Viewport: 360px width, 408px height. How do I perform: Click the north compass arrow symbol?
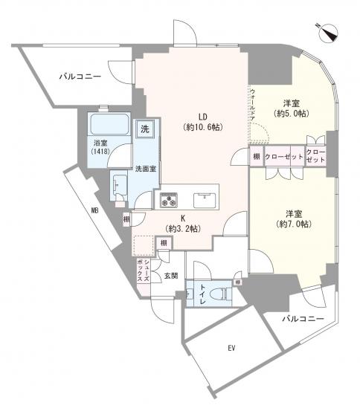click(328, 32)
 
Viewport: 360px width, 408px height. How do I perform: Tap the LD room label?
click(202, 115)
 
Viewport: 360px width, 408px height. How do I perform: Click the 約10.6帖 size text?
click(202, 128)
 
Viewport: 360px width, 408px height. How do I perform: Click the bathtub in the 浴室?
click(109, 126)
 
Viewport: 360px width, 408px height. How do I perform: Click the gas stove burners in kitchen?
click(167, 199)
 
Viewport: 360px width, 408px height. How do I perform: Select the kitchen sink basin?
click(203, 199)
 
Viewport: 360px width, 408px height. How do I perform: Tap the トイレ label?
click(202, 295)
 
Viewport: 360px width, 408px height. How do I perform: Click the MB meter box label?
click(94, 210)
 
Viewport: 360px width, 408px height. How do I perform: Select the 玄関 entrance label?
click(170, 276)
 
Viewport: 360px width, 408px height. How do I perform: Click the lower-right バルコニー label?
click(303, 318)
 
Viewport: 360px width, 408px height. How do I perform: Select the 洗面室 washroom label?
click(145, 169)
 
